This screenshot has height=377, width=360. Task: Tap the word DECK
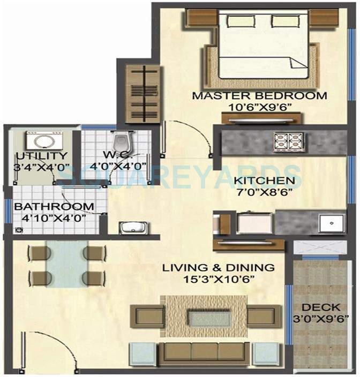321,307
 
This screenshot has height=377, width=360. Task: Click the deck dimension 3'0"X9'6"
321,318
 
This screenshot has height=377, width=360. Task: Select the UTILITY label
34,156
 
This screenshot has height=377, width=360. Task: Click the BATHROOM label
54,207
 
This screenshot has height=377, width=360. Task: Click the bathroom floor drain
20,230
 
